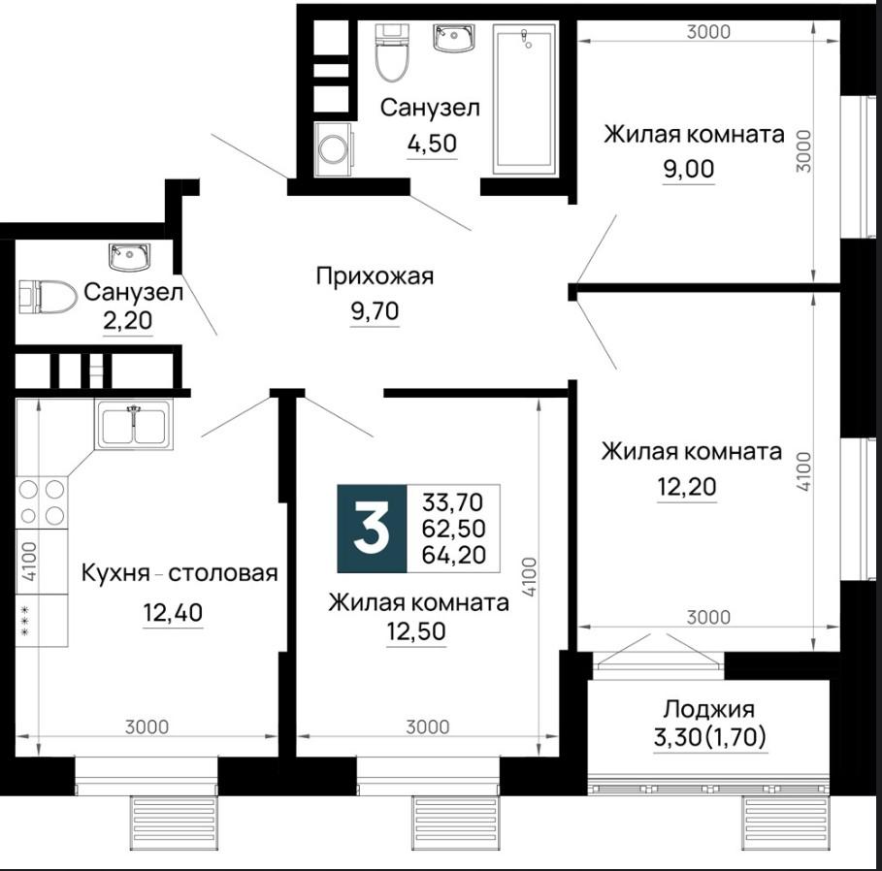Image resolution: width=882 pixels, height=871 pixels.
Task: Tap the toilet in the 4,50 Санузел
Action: click(391, 52)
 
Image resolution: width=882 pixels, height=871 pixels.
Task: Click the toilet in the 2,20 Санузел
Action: click(48, 297)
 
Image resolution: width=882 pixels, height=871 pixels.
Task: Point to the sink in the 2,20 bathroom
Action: click(130, 257)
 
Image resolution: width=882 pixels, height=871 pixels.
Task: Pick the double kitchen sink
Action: click(134, 425)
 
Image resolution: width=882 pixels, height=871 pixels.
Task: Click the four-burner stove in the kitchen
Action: click(42, 502)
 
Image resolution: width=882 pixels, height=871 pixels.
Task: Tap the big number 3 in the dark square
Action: click(372, 528)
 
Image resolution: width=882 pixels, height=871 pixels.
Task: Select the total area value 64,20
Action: click(453, 555)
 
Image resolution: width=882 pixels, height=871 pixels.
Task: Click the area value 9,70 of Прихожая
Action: click(375, 311)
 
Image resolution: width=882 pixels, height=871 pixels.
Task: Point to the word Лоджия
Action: click(708, 710)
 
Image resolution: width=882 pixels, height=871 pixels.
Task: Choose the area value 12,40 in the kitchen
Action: click(173, 612)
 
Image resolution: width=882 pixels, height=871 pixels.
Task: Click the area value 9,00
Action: click(689, 169)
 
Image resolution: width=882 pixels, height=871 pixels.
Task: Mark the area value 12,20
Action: click(687, 487)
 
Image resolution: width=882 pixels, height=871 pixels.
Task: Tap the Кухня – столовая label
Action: click(180, 573)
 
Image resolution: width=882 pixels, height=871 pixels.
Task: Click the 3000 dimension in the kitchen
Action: click(147, 727)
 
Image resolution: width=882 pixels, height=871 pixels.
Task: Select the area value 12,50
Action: click(416, 631)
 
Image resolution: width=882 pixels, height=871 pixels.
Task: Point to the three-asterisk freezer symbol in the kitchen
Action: click(25, 621)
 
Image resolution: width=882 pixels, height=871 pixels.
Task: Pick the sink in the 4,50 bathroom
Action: click(454, 38)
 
